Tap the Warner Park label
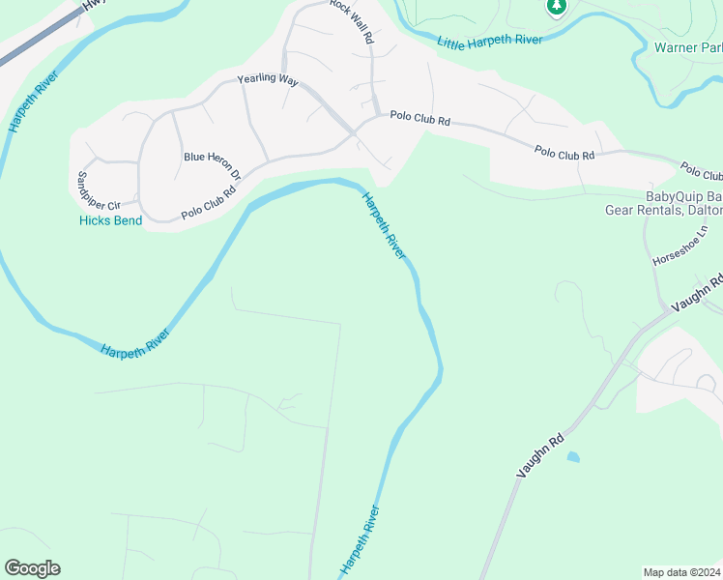click(x=687, y=47)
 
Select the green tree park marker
click(x=556, y=8)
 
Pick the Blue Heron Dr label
click(x=213, y=164)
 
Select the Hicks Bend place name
click(x=110, y=221)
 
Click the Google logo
click(x=32, y=568)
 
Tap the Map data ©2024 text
click(x=681, y=571)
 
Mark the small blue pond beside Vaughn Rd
click(x=574, y=456)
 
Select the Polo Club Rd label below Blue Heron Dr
click(x=209, y=202)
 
